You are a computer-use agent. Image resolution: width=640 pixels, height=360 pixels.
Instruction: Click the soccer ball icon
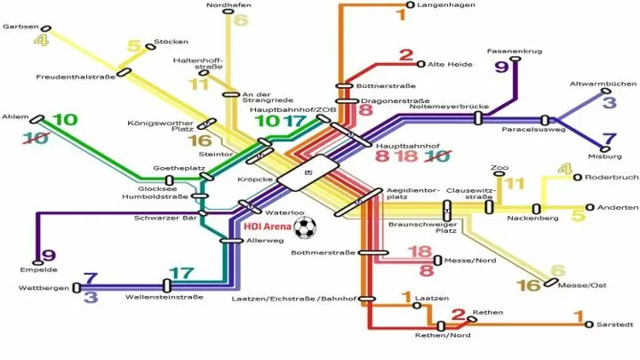tap(305, 228)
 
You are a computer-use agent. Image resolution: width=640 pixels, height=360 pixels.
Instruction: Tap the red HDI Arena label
tap(268, 227)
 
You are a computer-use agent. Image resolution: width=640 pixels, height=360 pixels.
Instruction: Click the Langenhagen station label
tap(440, 5)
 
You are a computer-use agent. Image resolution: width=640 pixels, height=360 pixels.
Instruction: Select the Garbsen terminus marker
tap(46, 28)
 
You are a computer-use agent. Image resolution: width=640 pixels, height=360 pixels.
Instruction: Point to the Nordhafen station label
tap(228, 5)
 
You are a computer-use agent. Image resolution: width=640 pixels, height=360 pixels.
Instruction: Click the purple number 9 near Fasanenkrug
tap(501, 66)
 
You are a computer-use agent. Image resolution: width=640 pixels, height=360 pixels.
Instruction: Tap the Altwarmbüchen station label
tap(603, 84)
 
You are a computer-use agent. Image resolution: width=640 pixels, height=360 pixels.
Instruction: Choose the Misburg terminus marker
tap(605, 149)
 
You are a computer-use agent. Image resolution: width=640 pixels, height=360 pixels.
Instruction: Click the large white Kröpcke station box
tap(308, 172)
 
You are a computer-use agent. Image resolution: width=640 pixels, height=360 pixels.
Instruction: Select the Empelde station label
tap(38, 270)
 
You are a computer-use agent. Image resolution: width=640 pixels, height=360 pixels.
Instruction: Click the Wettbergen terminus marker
tap(76, 287)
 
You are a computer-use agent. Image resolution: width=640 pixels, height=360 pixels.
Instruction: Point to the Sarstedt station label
tap(615, 325)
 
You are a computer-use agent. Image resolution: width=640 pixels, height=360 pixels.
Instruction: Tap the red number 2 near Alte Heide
tap(406, 55)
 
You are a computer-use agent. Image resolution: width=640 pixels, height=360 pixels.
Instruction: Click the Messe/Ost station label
tap(582, 285)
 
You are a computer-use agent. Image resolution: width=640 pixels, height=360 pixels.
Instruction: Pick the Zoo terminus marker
tap(500, 174)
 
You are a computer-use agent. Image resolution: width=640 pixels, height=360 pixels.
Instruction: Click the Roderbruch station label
tap(612, 178)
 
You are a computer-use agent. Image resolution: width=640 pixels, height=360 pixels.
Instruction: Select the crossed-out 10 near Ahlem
tap(36, 138)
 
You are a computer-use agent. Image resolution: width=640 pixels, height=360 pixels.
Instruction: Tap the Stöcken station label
tap(171, 42)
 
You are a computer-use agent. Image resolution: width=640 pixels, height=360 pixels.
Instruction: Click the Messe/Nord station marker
tap(437, 260)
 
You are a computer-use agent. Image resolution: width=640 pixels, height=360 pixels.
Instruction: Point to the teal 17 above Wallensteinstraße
tap(181, 273)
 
